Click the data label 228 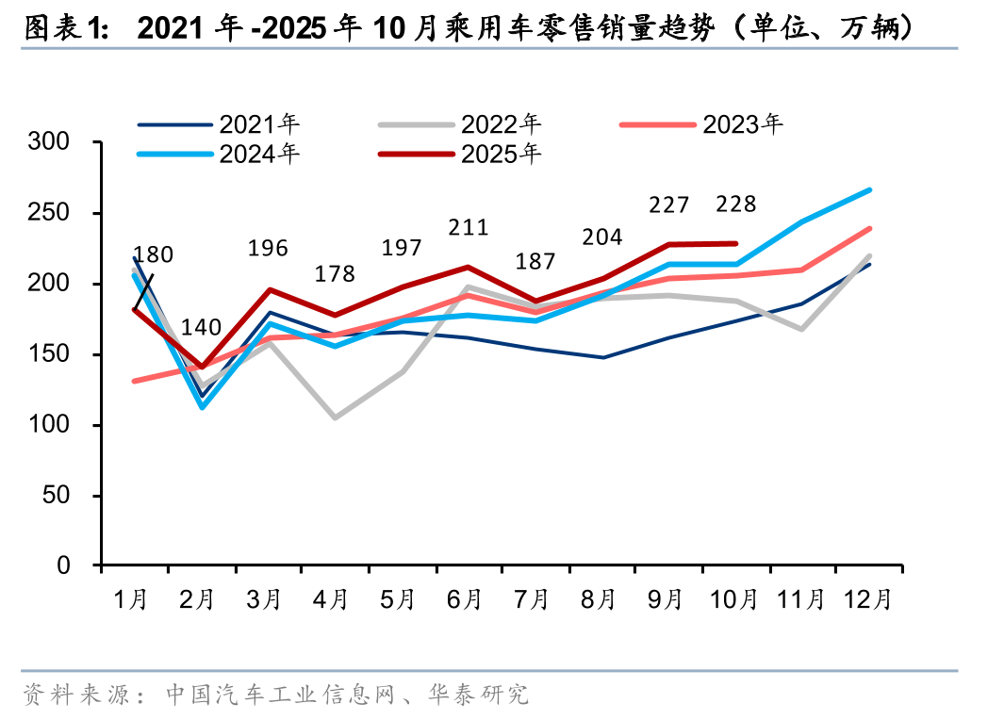tap(736, 205)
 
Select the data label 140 tap(201, 328)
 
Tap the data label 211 tap(469, 227)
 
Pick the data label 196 tap(268, 249)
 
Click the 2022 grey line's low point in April tap(335, 417)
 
